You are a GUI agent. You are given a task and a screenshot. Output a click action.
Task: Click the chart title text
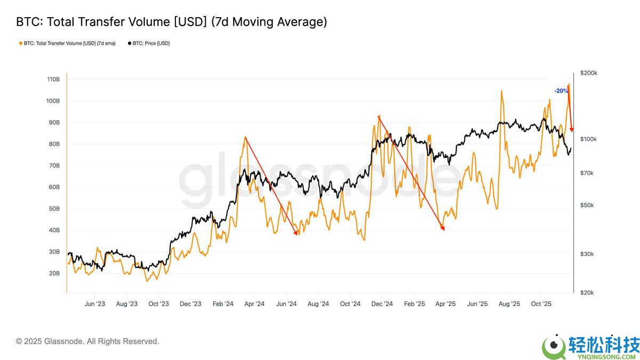(171, 22)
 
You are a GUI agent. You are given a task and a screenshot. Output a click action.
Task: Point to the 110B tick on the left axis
(53, 79)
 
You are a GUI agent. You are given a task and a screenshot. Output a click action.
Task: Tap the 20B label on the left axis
(53, 274)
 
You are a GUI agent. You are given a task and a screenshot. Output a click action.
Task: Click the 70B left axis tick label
(53, 166)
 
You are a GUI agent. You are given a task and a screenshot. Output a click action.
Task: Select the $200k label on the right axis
(589, 73)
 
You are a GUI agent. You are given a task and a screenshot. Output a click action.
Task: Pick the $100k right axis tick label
(589, 139)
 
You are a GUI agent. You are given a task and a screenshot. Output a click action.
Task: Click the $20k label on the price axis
(588, 293)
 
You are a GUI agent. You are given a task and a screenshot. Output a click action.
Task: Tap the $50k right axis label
(588, 205)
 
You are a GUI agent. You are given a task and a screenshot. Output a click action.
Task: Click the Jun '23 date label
(94, 304)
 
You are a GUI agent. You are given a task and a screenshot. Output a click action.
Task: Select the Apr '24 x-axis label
(254, 304)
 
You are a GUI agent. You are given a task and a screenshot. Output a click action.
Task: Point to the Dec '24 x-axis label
(382, 304)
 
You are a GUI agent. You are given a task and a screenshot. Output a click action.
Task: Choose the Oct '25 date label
(541, 304)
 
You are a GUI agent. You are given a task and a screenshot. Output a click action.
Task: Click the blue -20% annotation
(561, 91)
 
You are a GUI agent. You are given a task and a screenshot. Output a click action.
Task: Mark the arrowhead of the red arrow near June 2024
(297, 233)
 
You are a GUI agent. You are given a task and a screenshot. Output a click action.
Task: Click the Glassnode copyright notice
(87, 341)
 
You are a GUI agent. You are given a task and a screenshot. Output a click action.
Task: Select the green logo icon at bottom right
(554, 347)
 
